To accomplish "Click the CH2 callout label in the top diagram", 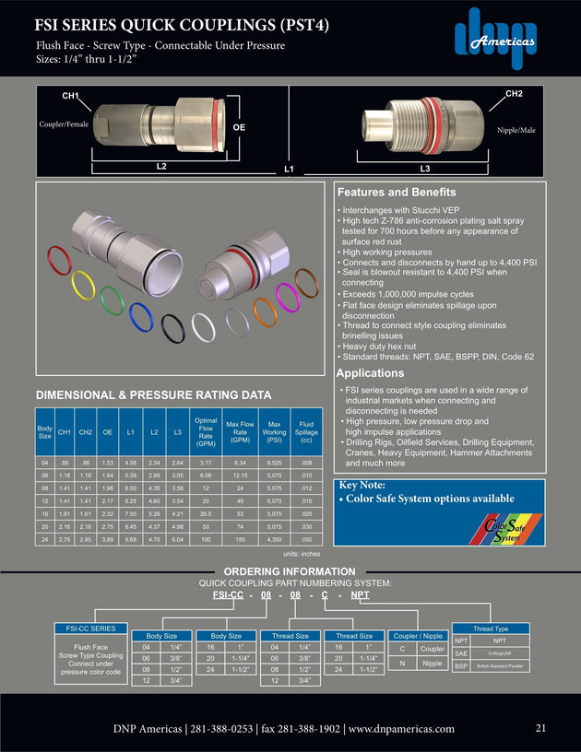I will [x=514, y=94].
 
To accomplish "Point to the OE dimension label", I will [x=238, y=126].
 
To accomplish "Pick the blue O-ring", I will [x=140, y=316].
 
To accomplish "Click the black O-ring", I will [x=172, y=328].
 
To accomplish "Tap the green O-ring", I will [x=112, y=300].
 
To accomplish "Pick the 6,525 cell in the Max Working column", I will [x=274, y=462].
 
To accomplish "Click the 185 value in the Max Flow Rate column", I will [x=240, y=540].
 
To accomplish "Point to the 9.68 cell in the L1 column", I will [x=131, y=540].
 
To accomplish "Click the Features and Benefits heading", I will [x=397, y=193].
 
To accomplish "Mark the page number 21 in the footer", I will [x=541, y=728].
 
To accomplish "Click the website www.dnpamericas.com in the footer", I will [x=401, y=728].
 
